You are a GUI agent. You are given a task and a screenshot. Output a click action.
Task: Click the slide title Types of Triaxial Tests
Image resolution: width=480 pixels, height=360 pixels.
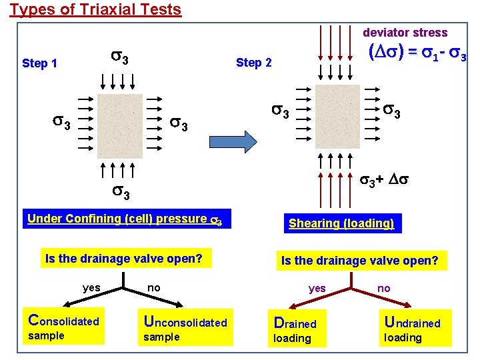click(95, 9)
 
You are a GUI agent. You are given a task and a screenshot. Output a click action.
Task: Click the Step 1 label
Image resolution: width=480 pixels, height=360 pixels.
click(39, 63)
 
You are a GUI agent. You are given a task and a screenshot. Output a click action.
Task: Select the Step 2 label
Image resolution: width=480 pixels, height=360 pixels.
click(254, 63)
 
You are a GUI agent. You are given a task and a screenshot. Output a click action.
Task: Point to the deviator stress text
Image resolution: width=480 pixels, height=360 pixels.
click(405, 33)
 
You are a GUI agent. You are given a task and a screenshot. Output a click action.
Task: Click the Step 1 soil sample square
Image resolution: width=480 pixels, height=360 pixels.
click(119, 126)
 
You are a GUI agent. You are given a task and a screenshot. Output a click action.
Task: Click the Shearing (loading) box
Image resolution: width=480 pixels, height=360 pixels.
click(341, 223)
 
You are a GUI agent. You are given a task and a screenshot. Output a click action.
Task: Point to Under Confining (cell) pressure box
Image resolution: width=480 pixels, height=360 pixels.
click(125, 219)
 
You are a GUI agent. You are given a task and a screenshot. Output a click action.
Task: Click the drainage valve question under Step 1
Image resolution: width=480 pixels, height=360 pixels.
click(124, 258)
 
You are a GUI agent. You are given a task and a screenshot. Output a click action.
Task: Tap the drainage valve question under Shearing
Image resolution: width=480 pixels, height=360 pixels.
click(360, 261)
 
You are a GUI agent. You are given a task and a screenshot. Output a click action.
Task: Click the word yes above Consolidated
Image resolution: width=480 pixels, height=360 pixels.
click(91, 287)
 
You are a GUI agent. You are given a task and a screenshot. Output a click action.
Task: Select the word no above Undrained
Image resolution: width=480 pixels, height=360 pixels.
click(384, 288)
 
